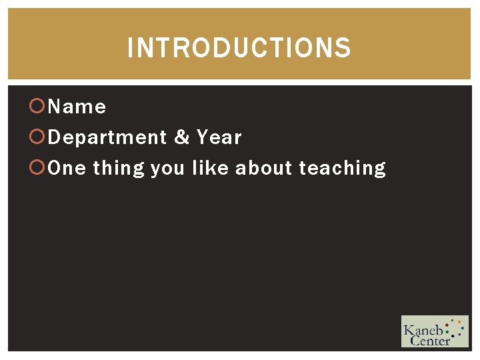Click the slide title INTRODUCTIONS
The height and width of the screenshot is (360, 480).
[239, 48]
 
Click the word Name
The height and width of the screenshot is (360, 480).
[77, 107]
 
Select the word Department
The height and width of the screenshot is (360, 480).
[107, 138]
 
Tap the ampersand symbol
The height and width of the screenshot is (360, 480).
[181, 137]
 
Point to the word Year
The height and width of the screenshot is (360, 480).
[219, 137]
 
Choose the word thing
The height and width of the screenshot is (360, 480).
[119, 169]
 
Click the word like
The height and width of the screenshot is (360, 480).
[209, 168]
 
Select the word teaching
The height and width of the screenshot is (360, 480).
[342, 169]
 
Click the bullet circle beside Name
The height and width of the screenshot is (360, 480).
[38, 106]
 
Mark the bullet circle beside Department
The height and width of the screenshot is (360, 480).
[38, 137]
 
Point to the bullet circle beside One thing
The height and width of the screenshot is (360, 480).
[38, 168]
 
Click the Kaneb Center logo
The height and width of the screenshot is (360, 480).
[434, 331]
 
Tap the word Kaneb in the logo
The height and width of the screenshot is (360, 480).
[423, 329]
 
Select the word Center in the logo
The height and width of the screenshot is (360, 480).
[430, 341]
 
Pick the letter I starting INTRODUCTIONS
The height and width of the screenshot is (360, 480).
[131, 48]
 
